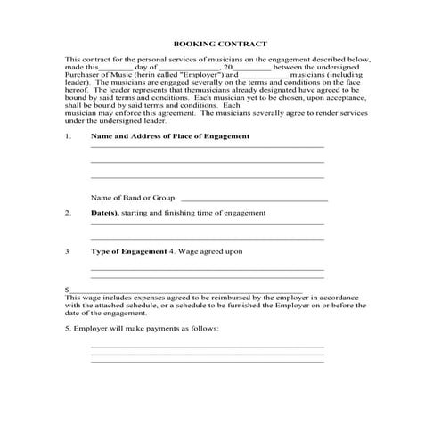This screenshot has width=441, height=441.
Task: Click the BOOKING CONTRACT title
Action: click(219, 43)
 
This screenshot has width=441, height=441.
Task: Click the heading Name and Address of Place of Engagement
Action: click(169, 135)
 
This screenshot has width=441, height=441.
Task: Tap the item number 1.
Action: click(68, 135)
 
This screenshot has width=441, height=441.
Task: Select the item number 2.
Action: click(68, 214)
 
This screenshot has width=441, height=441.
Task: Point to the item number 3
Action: click(68, 251)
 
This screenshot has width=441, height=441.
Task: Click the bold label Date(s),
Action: click(105, 214)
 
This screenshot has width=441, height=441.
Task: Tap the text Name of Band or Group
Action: click(133, 198)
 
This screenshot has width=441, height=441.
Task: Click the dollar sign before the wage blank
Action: click(67, 290)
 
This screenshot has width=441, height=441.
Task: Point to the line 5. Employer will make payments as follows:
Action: click(142, 328)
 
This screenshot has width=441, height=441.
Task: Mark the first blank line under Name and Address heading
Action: click(207, 148)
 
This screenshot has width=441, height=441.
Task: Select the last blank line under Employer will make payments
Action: click(207, 363)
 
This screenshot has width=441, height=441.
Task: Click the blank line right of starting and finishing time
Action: click(207, 225)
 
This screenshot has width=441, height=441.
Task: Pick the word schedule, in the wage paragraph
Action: click(169, 305)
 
